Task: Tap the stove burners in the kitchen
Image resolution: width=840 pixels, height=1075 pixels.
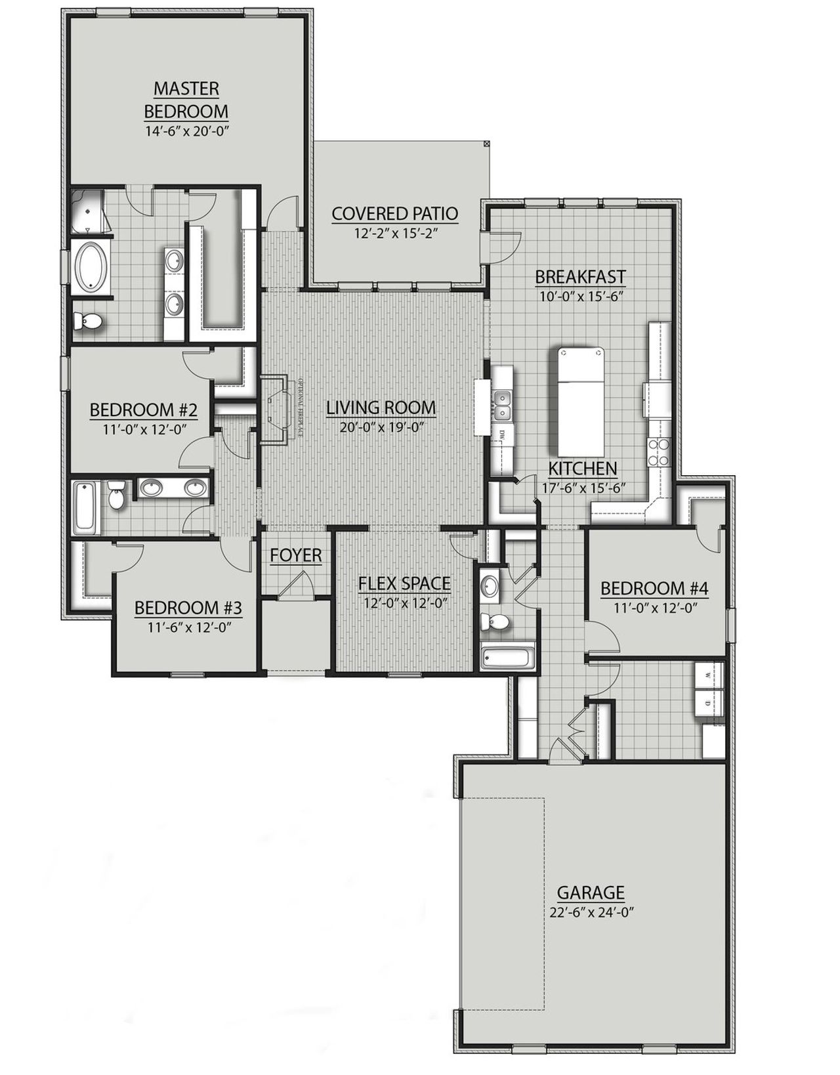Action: (x=658, y=452)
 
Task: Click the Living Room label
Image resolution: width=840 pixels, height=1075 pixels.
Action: (x=381, y=408)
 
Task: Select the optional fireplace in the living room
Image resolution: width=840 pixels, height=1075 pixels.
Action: (x=275, y=410)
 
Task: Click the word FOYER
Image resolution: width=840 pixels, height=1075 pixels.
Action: (x=296, y=555)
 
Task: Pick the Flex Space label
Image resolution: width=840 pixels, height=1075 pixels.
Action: (x=404, y=583)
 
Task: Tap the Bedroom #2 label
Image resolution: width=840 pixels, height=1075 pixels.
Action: (x=143, y=410)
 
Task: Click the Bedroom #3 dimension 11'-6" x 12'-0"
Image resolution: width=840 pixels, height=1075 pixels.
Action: (x=188, y=625)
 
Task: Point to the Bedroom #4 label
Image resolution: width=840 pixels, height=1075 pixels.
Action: (x=654, y=588)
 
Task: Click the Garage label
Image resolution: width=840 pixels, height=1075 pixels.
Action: (x=591, y=893)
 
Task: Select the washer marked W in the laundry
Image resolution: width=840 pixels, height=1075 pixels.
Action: (x=709, y=675)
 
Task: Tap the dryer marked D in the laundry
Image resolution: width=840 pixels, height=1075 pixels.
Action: (x=709, y=703)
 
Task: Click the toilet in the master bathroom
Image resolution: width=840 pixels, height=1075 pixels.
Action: (x=88, y=321)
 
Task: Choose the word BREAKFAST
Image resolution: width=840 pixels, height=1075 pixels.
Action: (x=579, y=276)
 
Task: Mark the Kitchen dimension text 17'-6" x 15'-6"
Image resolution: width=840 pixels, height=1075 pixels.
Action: (x=582, y=488)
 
